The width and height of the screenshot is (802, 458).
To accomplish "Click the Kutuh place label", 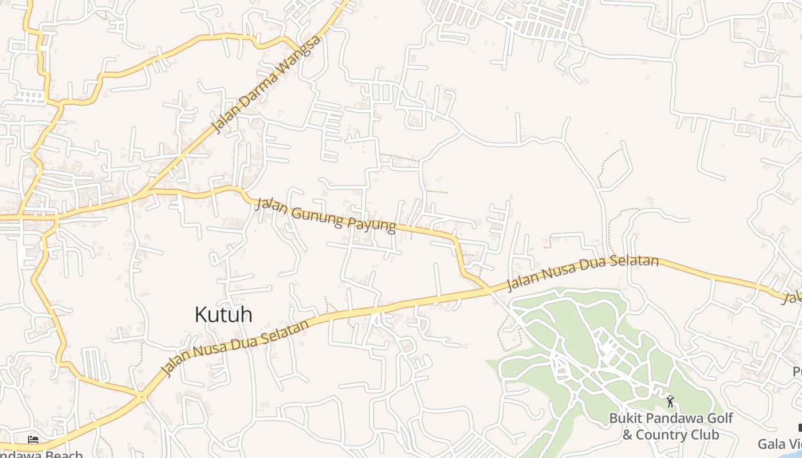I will tap(223, 315).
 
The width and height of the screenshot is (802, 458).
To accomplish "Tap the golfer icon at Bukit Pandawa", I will tap(670, 401).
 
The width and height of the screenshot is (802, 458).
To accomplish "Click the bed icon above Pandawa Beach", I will tap(33, 440).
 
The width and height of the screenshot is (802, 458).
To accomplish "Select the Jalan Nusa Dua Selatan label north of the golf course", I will tap(583, 273).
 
